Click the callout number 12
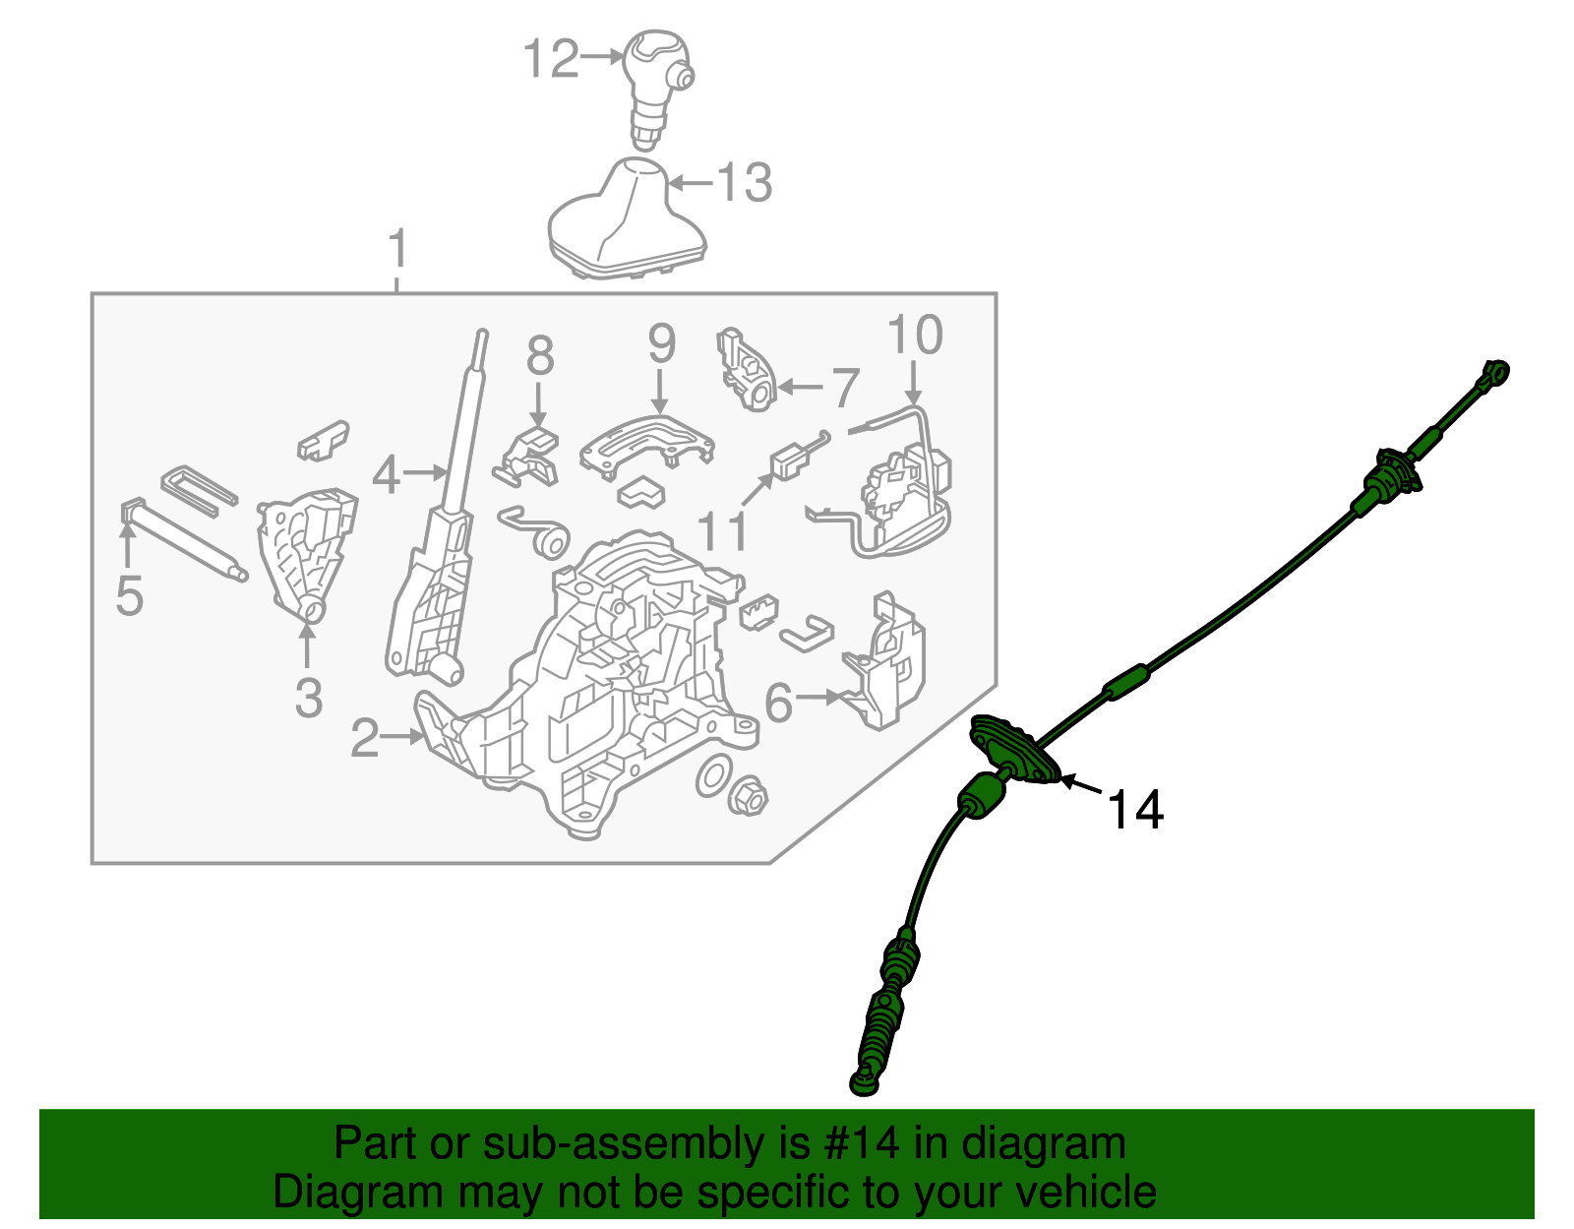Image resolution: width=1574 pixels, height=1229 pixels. (551, 59)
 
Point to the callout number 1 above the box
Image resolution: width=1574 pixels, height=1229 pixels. (396, 250)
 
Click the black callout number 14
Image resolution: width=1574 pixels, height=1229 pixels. (1135, 810)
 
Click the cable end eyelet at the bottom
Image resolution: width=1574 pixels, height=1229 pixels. (864, 1084)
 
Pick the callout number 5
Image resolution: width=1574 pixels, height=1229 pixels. (129, 596)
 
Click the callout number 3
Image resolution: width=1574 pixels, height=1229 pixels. (308, 698)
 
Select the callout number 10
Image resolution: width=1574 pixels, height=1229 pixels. (915, 336)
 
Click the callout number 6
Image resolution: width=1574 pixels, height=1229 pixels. (778, 703)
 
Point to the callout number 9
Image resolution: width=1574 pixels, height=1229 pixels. (661, 343)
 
